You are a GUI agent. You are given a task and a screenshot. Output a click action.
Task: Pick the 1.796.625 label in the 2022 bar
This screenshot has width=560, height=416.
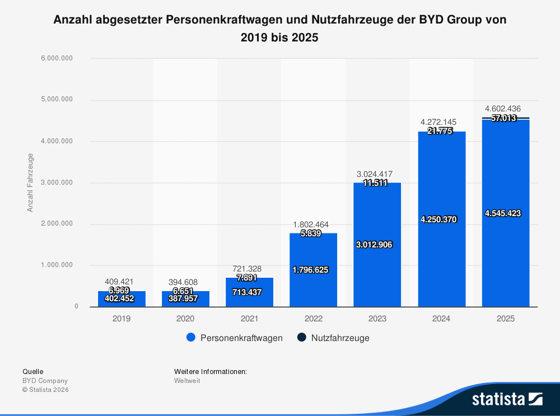pos(313,269)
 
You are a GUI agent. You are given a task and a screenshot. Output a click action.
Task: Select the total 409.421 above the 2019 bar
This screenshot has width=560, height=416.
pos(122,282)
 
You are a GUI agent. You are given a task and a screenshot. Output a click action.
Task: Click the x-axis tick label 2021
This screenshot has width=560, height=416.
pos(249,319)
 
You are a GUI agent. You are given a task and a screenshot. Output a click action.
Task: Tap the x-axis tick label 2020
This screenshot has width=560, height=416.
pos(185,319)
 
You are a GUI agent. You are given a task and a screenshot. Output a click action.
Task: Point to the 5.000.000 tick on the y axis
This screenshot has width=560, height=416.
pos(57,100)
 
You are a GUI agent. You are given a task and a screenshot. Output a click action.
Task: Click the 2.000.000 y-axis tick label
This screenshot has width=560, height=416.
pos(57,223)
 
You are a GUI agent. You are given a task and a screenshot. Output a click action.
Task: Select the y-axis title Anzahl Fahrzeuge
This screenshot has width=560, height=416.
pos(31,183)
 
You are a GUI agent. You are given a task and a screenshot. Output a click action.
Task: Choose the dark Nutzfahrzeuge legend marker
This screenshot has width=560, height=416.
pos(301,338)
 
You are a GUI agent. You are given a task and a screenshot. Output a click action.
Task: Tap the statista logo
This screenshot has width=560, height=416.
pos(507,399)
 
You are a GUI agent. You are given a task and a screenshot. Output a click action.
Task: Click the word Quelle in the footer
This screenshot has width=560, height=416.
pos(32,371)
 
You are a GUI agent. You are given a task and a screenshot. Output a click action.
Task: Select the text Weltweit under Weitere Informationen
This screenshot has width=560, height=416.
pos(187,381)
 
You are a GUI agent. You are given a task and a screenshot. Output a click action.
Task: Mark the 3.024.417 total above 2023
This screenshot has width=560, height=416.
pos(377,174)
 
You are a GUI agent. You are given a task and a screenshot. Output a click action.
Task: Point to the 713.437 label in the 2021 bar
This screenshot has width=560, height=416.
pos(249,292)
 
